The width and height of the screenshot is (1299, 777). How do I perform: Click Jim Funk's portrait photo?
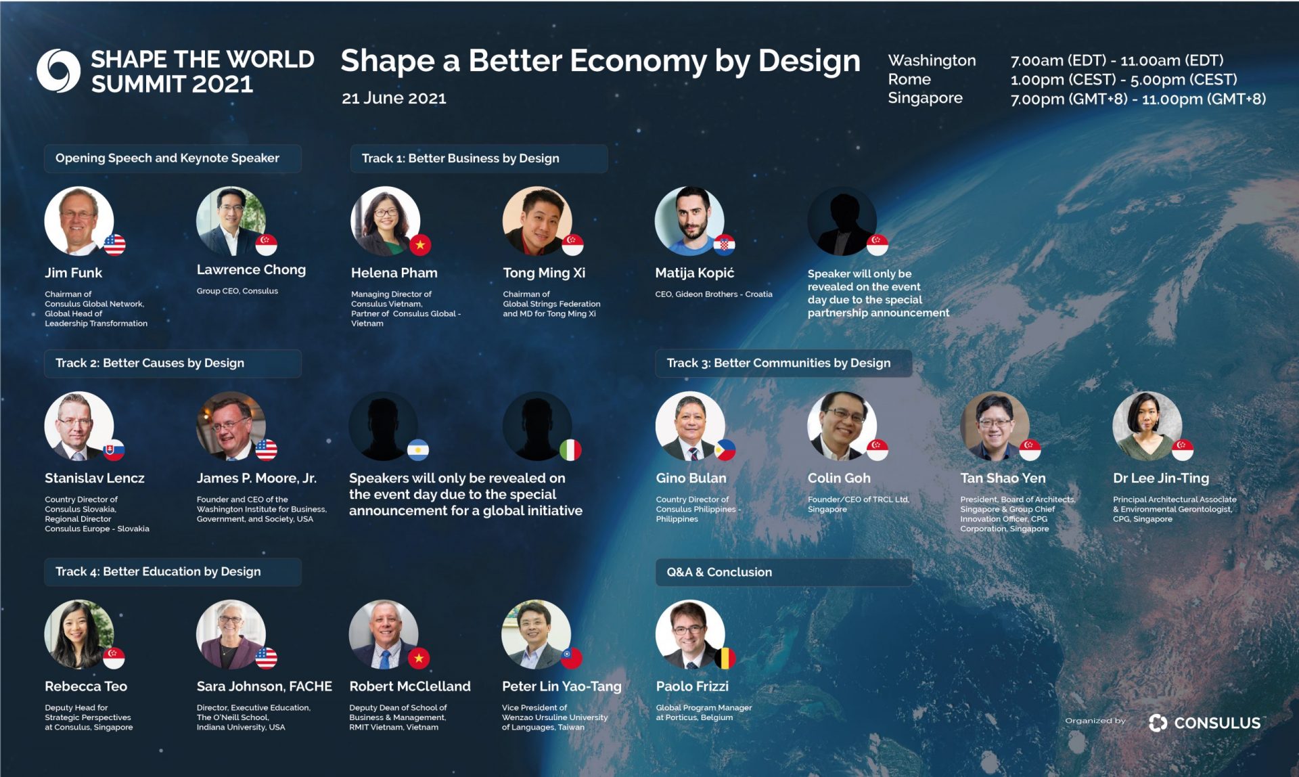point(79,221)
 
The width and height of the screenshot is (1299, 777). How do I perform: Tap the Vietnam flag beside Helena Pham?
point(419,245)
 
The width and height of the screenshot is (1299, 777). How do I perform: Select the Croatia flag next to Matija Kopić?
point(724,245)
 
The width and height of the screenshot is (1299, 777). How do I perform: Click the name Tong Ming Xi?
point(544,273)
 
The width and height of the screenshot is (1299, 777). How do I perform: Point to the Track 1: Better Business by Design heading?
point(460,158)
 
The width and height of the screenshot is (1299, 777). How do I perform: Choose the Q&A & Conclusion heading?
point(719,572)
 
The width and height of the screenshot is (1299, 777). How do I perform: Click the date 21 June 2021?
point(394,98)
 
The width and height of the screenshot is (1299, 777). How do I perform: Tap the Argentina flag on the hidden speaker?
point(418,450)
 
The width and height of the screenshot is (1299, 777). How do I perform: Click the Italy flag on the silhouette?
point(570,450)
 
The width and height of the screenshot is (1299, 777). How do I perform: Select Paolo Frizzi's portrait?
point(690,634)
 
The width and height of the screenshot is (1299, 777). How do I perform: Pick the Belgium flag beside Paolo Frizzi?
point(725,658)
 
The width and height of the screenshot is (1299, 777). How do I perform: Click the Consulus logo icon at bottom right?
point(1158,723)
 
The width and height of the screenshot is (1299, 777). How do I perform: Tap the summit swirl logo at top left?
point(58,70)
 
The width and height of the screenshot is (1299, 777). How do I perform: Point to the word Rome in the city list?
point(909,79)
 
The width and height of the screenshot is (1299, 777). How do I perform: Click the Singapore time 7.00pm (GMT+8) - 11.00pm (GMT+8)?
point(1138,99)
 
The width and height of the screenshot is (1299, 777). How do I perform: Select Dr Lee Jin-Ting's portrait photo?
point(1147,426)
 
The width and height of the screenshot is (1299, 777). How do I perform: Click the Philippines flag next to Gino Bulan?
point(725,450)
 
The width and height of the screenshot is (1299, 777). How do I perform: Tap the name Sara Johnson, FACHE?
point(264,686)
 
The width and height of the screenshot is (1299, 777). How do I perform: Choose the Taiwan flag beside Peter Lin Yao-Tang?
point(572,658)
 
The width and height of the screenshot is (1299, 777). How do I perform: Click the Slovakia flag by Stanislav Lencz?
point(114,450)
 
